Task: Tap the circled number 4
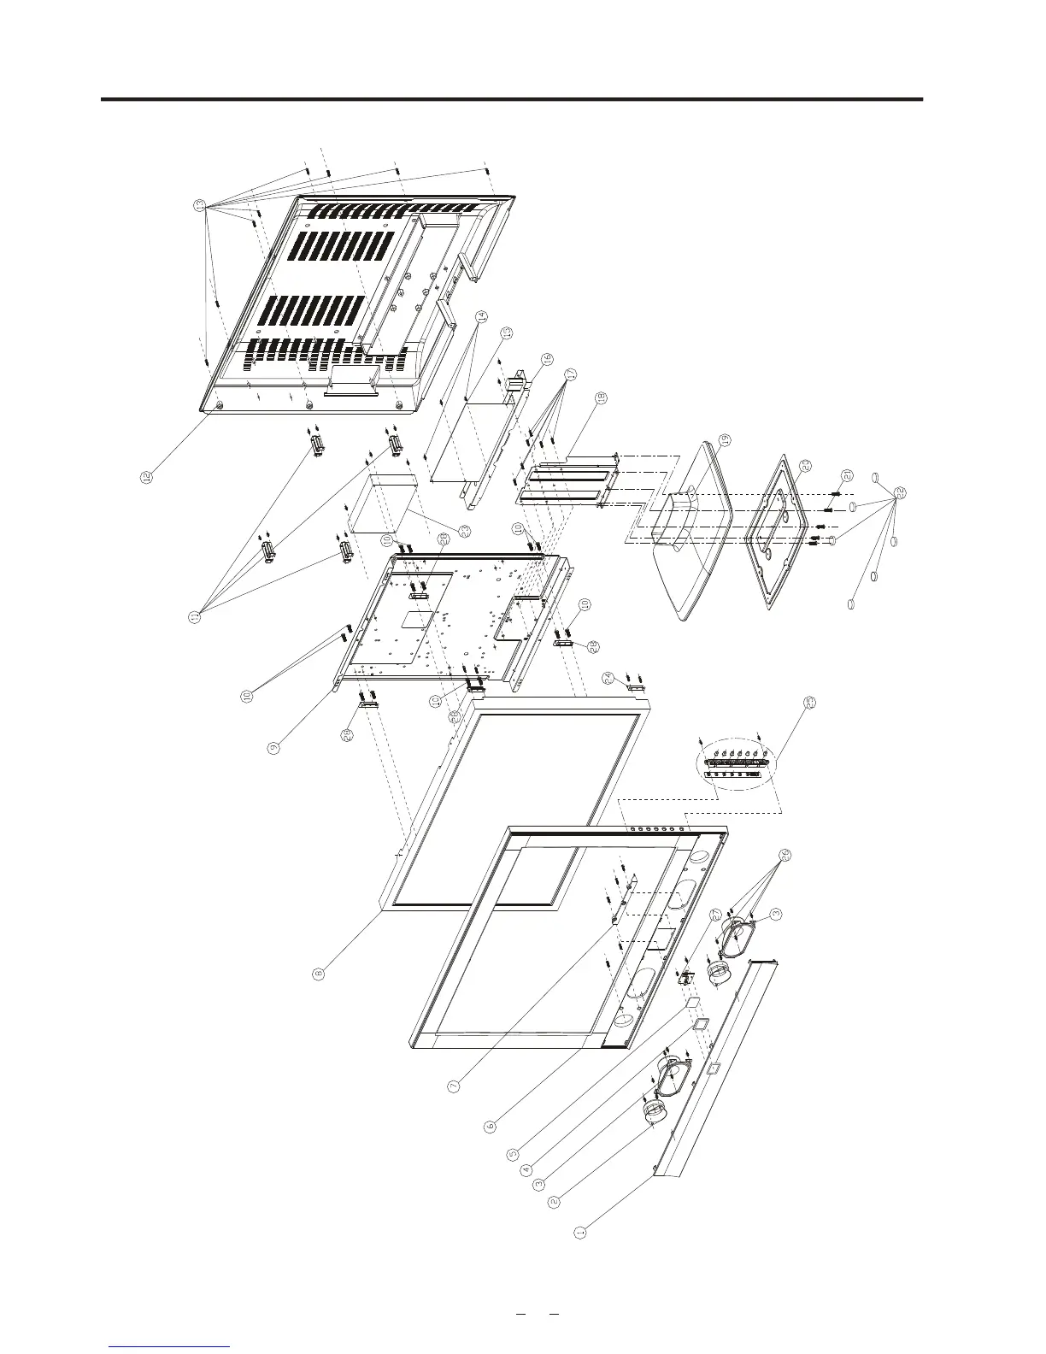526,1169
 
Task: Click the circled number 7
454,1086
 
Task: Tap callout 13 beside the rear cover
198,205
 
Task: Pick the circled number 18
602,397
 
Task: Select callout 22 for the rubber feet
900,493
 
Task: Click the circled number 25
810,702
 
